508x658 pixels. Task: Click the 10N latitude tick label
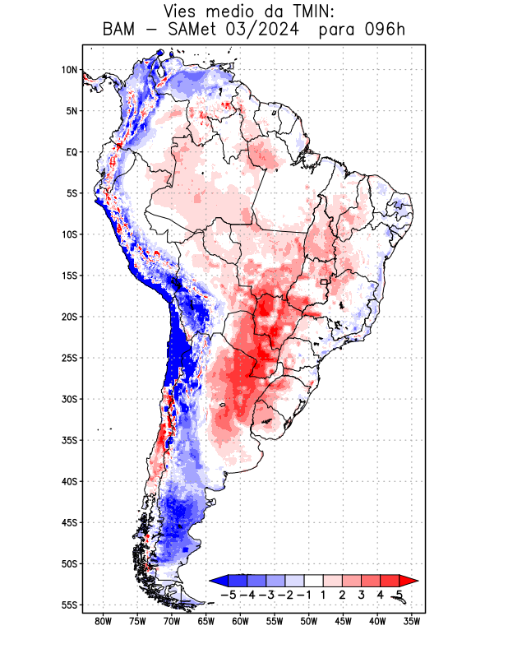coord(69,70)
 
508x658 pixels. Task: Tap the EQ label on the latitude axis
coord(72,152)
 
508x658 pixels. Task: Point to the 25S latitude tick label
coord(69,358)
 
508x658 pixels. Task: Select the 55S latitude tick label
coord(69,605)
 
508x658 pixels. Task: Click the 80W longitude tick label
coord(103,621)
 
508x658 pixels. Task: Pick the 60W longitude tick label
coord(240,621)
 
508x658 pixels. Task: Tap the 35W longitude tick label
coord(412,621)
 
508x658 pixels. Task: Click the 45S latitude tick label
coord(69,522)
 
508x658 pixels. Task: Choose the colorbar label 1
coord(325,594)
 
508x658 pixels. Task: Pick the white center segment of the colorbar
coord(313,581)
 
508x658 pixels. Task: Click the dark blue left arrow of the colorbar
coord(217,581)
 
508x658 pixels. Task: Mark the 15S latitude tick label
coord(69,276)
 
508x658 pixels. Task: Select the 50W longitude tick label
coord(308,621)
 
